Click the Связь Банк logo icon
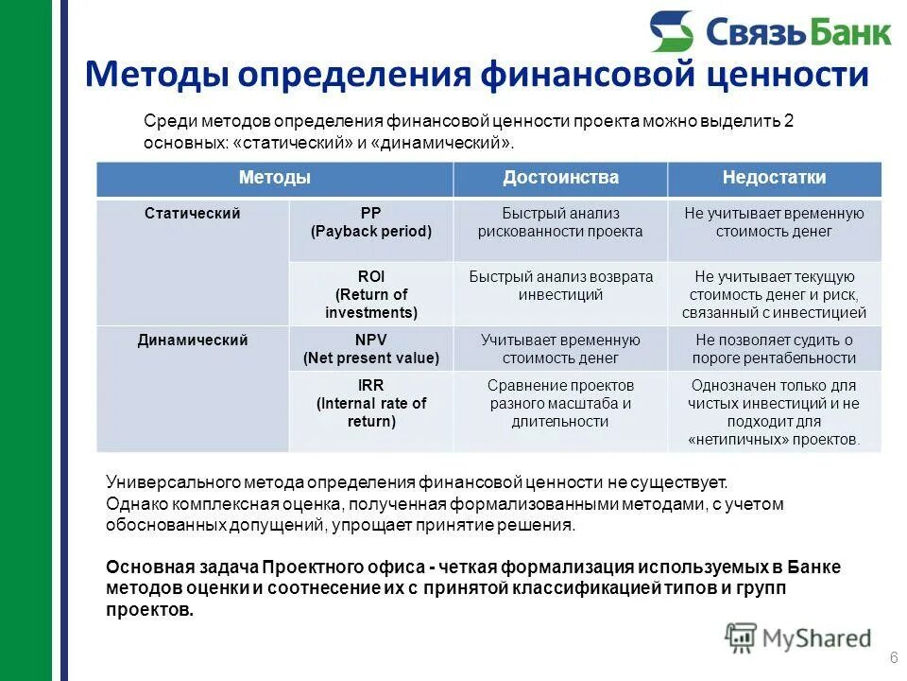tap(672, 31)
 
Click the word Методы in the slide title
tap(153, 74)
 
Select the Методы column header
tap(274, 178)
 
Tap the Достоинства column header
tap(560, 178)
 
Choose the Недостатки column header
tap(774, 178)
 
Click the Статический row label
tap(192, 214)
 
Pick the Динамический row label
tap(193, 340)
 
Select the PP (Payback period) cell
tap(370, 222)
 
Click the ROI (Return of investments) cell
tap(370, 294)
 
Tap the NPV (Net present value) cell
tap(370, 349)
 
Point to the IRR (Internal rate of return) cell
tap(370, 404)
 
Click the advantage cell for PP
tap(560, 222)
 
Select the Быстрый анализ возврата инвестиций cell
tap(560, 286)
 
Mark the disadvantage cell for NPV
tap(774, 349)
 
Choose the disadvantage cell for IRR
tap(774, 412)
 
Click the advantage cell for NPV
tap(560, 349)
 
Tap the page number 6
tap(892, 658)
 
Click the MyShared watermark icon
tap(742, 637)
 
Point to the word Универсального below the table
tap(160, 481)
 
